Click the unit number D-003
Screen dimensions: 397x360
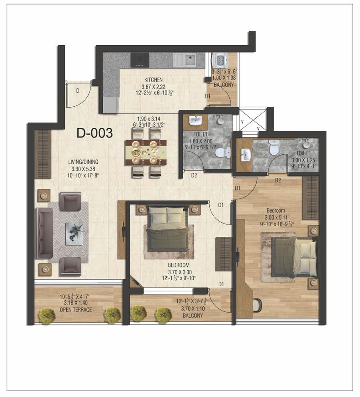tap(95, 133)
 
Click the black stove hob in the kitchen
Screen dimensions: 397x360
tap(139, 59)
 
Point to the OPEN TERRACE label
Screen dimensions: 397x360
tap(76, 310)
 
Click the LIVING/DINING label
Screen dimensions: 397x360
tap(82, 162)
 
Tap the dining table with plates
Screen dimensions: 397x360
tap(146, 151)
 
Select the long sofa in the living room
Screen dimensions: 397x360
tap(44, 233)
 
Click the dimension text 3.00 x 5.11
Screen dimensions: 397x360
tap(276, 217)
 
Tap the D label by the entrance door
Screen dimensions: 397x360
tap(78, 91)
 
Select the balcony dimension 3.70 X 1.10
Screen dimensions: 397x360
tap(189, 308)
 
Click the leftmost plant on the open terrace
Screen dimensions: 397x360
tap(46, 315)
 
